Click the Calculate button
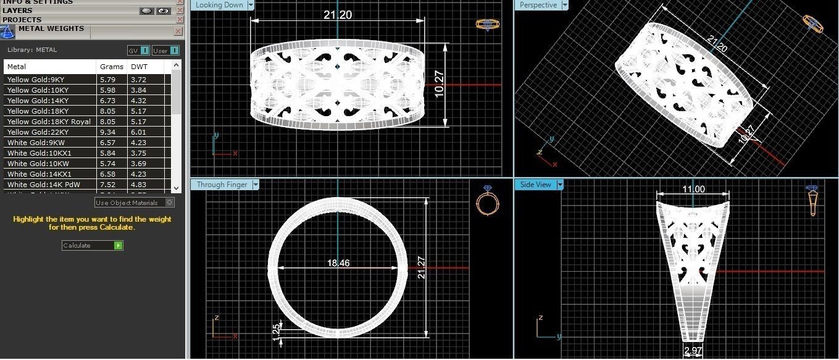coord(92,245)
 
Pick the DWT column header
coord(139,67)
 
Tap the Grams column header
coord(111,67)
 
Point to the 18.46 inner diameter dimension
coord(338,263)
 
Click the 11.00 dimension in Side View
coord(693,190)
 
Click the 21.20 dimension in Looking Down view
coord(338,15)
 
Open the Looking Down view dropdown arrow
coord(251,5)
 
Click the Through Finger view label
coord(222,185)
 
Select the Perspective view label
coord(538,5)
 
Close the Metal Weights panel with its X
coord(178,31)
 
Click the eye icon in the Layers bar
coord(163,10)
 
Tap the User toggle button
coord(165,51)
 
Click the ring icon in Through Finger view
coord(486,201)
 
